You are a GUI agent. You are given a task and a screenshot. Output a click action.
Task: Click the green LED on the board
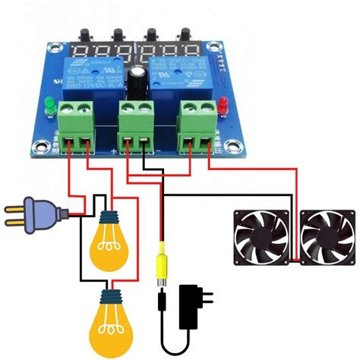[x=46, y=104]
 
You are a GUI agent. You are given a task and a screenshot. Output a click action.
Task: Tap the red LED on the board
[x=223, y=106]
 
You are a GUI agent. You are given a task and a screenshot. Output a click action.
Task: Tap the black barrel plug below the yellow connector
[x=161, y=298]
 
